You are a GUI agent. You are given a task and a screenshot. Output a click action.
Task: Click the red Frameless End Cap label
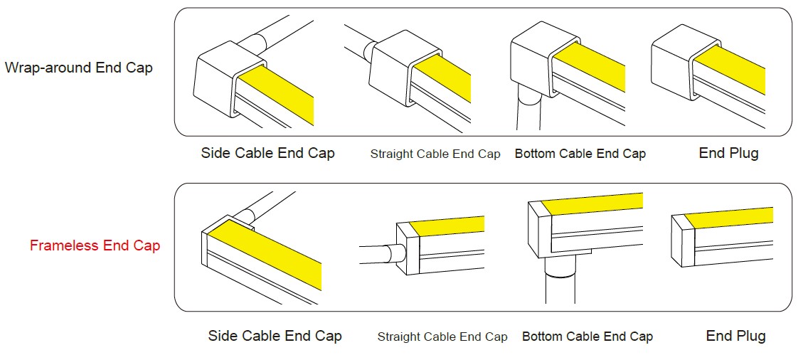95,245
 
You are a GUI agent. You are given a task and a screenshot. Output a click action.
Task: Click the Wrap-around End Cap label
78,67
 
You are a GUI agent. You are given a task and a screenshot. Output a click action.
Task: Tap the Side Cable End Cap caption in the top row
268,152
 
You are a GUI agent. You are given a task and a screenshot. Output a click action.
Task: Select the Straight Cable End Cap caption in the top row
435,154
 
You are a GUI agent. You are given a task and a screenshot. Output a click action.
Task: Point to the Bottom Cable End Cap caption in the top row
580,153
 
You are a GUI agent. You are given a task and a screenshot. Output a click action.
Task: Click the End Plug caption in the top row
729,152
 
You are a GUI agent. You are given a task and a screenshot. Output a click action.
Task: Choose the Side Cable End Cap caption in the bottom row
275,335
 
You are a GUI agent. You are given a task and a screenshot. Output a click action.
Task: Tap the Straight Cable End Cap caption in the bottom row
442,337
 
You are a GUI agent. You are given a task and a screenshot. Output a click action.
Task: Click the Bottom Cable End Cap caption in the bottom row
587,336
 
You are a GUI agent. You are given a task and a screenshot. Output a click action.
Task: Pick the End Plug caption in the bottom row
736,335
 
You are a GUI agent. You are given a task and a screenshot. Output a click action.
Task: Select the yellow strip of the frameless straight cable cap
448,226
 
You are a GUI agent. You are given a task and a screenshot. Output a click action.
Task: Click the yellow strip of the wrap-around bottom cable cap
589,68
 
